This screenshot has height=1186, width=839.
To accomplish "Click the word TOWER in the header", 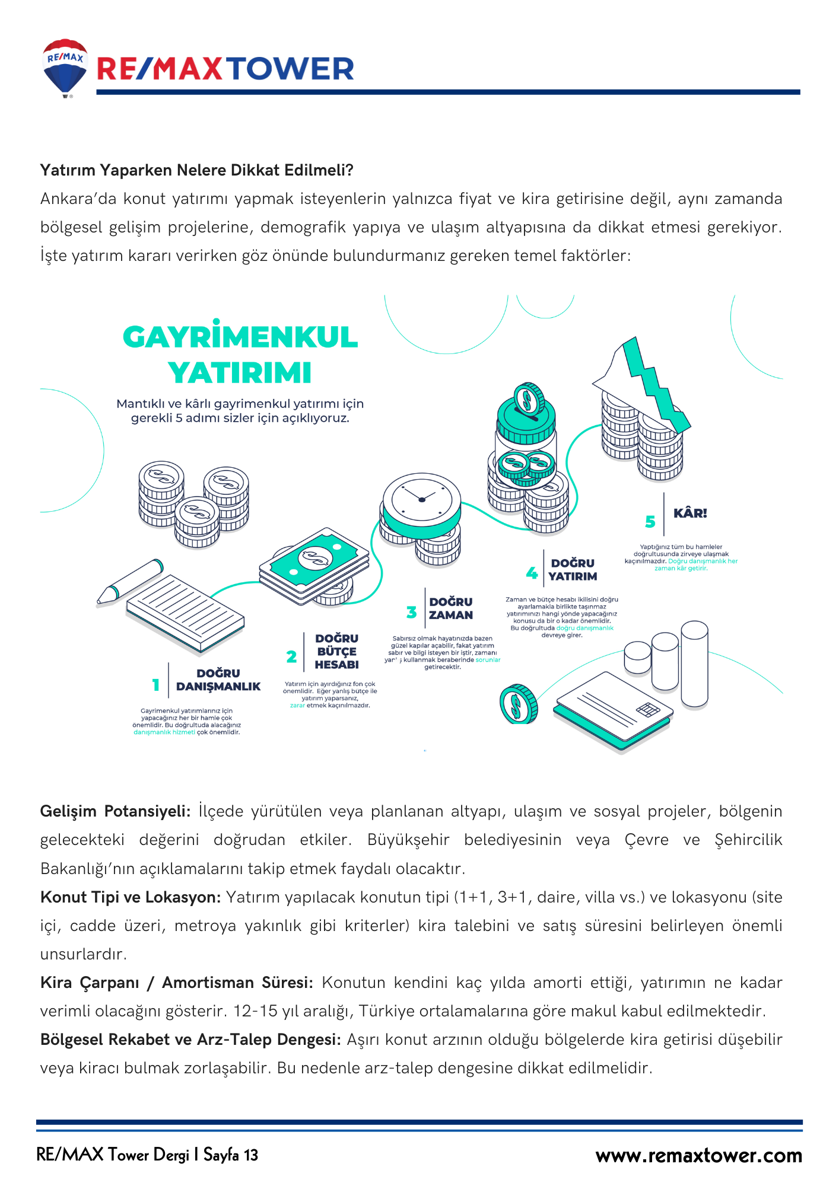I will (291, 69).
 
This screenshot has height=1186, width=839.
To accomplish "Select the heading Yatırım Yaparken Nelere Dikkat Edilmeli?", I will (196, 170).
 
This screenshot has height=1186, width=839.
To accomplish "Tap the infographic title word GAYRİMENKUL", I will (240, 337).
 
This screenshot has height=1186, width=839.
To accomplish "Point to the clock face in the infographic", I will (421, 497).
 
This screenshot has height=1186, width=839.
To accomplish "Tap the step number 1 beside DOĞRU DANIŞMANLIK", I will (156, 685).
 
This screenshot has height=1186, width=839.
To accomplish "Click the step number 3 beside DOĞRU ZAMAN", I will (411, 612).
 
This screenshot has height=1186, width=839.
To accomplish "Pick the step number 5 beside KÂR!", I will (650, 521).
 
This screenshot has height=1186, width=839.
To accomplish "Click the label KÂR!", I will (690, 514).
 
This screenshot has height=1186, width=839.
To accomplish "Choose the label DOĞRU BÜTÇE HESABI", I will (336, 651).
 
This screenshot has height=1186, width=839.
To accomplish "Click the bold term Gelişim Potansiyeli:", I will (115, 811).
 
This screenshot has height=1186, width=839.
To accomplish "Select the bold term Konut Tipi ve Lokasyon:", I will (131, 897).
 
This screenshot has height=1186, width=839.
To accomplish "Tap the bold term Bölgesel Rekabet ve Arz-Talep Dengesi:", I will (190, 1040).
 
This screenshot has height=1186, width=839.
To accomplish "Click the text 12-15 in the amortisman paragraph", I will (255, 1011).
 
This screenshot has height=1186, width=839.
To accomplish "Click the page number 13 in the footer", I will (251, 1155).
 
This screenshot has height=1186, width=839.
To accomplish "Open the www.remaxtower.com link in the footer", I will (698, 1156).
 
